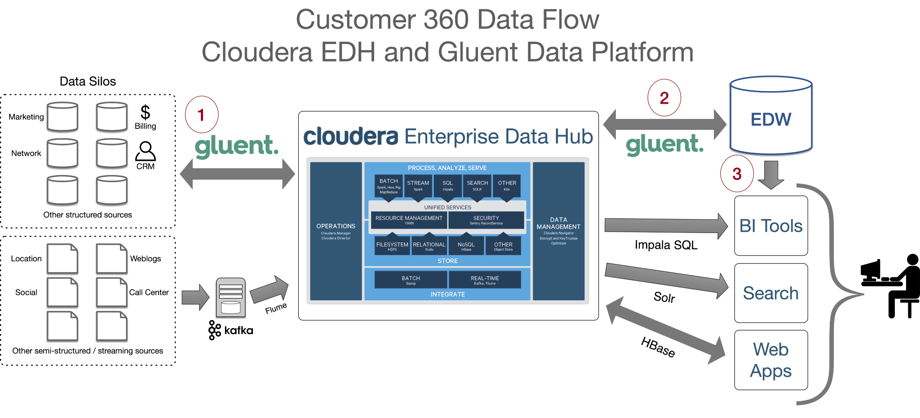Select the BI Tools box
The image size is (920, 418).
[771, 226]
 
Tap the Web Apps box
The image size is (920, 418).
[771, 360]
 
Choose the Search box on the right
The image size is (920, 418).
[771, 293]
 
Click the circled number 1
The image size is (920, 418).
[202, 114]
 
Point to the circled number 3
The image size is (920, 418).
[737, 174]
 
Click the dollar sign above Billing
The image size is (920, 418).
[145, 112]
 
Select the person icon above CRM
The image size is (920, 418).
[146, 151]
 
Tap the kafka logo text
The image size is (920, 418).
[239, 330]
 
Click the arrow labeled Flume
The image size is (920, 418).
[270, 290]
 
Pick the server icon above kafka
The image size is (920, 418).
[230, 297]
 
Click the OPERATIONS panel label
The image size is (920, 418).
[336, 226]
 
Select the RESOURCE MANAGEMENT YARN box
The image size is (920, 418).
[409, 220]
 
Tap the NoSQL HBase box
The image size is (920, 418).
[466, 246]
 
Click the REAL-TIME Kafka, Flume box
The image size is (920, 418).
[485, 280]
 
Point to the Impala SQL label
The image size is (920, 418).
[666, 245]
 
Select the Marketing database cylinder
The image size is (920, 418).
[62, 117]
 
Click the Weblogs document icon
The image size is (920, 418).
[111, 259]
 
